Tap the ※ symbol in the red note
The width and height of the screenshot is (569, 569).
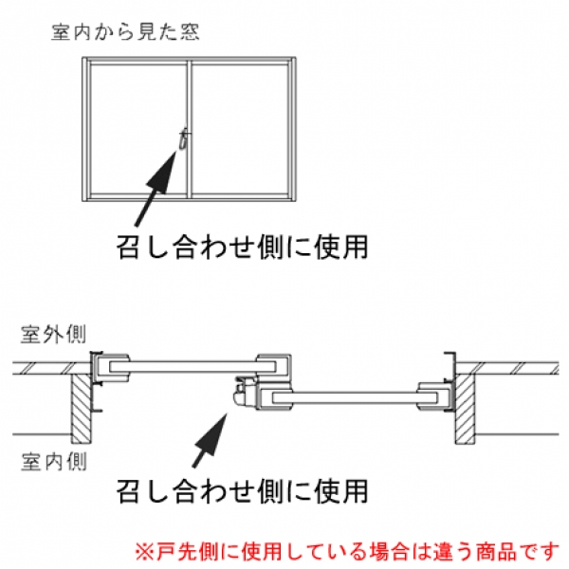[x=142, y=549]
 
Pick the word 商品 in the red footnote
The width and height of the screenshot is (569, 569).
[x=508, y=549]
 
